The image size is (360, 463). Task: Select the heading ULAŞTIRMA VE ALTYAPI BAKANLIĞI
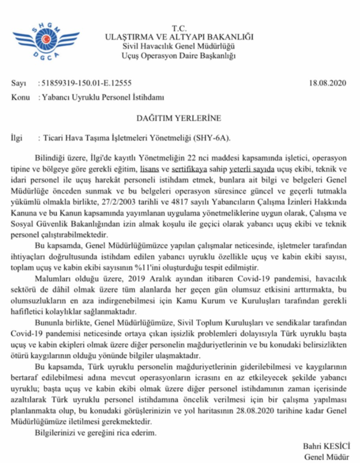(x=179, y=37)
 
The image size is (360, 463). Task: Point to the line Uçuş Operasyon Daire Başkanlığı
(x=179, y=56)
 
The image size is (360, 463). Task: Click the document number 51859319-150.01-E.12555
(x=86, y=84)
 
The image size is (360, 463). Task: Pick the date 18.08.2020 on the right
(x=327, y=84)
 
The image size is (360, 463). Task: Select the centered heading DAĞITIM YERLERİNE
(x=179, y=118)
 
